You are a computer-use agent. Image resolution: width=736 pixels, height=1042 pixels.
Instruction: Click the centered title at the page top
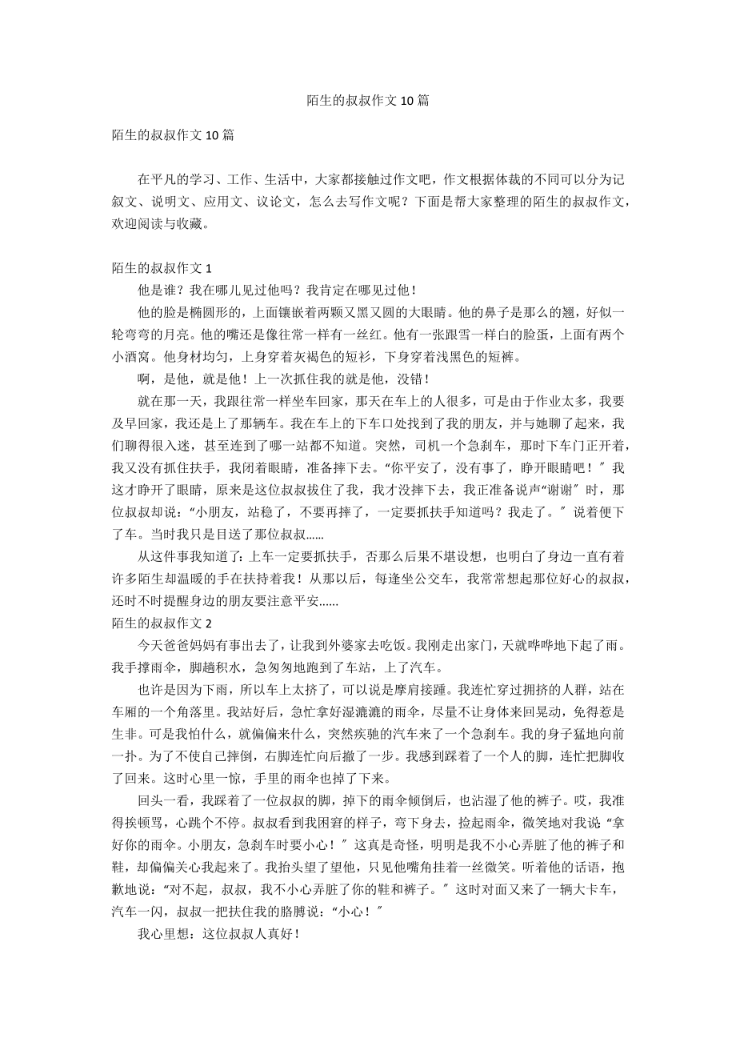click(368, 101)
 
